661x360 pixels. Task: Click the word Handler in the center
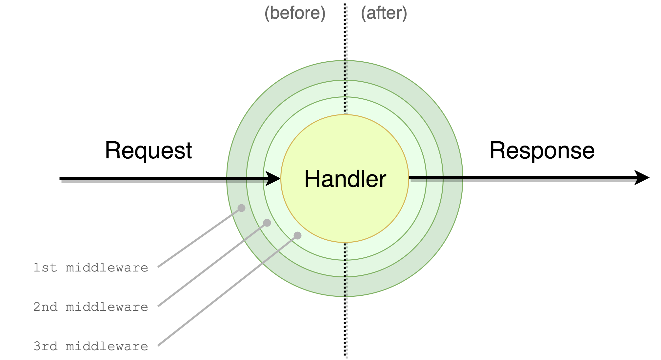click(x=345, y=179)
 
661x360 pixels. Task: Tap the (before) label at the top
click(x=294, y=13)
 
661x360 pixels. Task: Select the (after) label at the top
click(x=384, y=13)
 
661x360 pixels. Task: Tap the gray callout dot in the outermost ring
click(x=241, y=208)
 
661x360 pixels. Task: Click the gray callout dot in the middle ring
click(x=267, y=223)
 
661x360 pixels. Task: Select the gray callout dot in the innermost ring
click(x=297, y=235)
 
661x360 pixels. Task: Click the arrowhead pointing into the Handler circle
click(x=273, y=179)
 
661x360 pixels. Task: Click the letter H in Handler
click(x=311, y=179)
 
